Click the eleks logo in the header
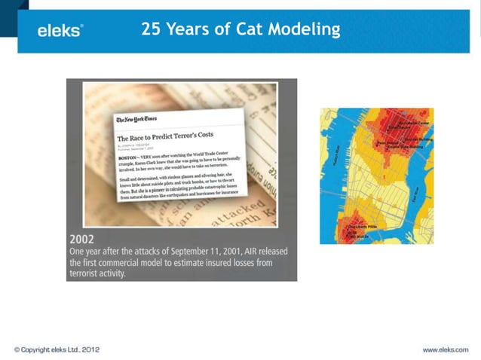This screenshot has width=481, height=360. [60, 30]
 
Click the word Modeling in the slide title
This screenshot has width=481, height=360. [306, 29]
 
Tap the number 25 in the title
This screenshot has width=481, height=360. [152, 29]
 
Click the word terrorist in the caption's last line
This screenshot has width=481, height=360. [91, 274]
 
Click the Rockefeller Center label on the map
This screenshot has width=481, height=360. [414, 123]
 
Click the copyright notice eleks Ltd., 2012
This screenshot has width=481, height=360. [57, 349]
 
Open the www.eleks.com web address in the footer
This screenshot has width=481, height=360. [445, 349]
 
